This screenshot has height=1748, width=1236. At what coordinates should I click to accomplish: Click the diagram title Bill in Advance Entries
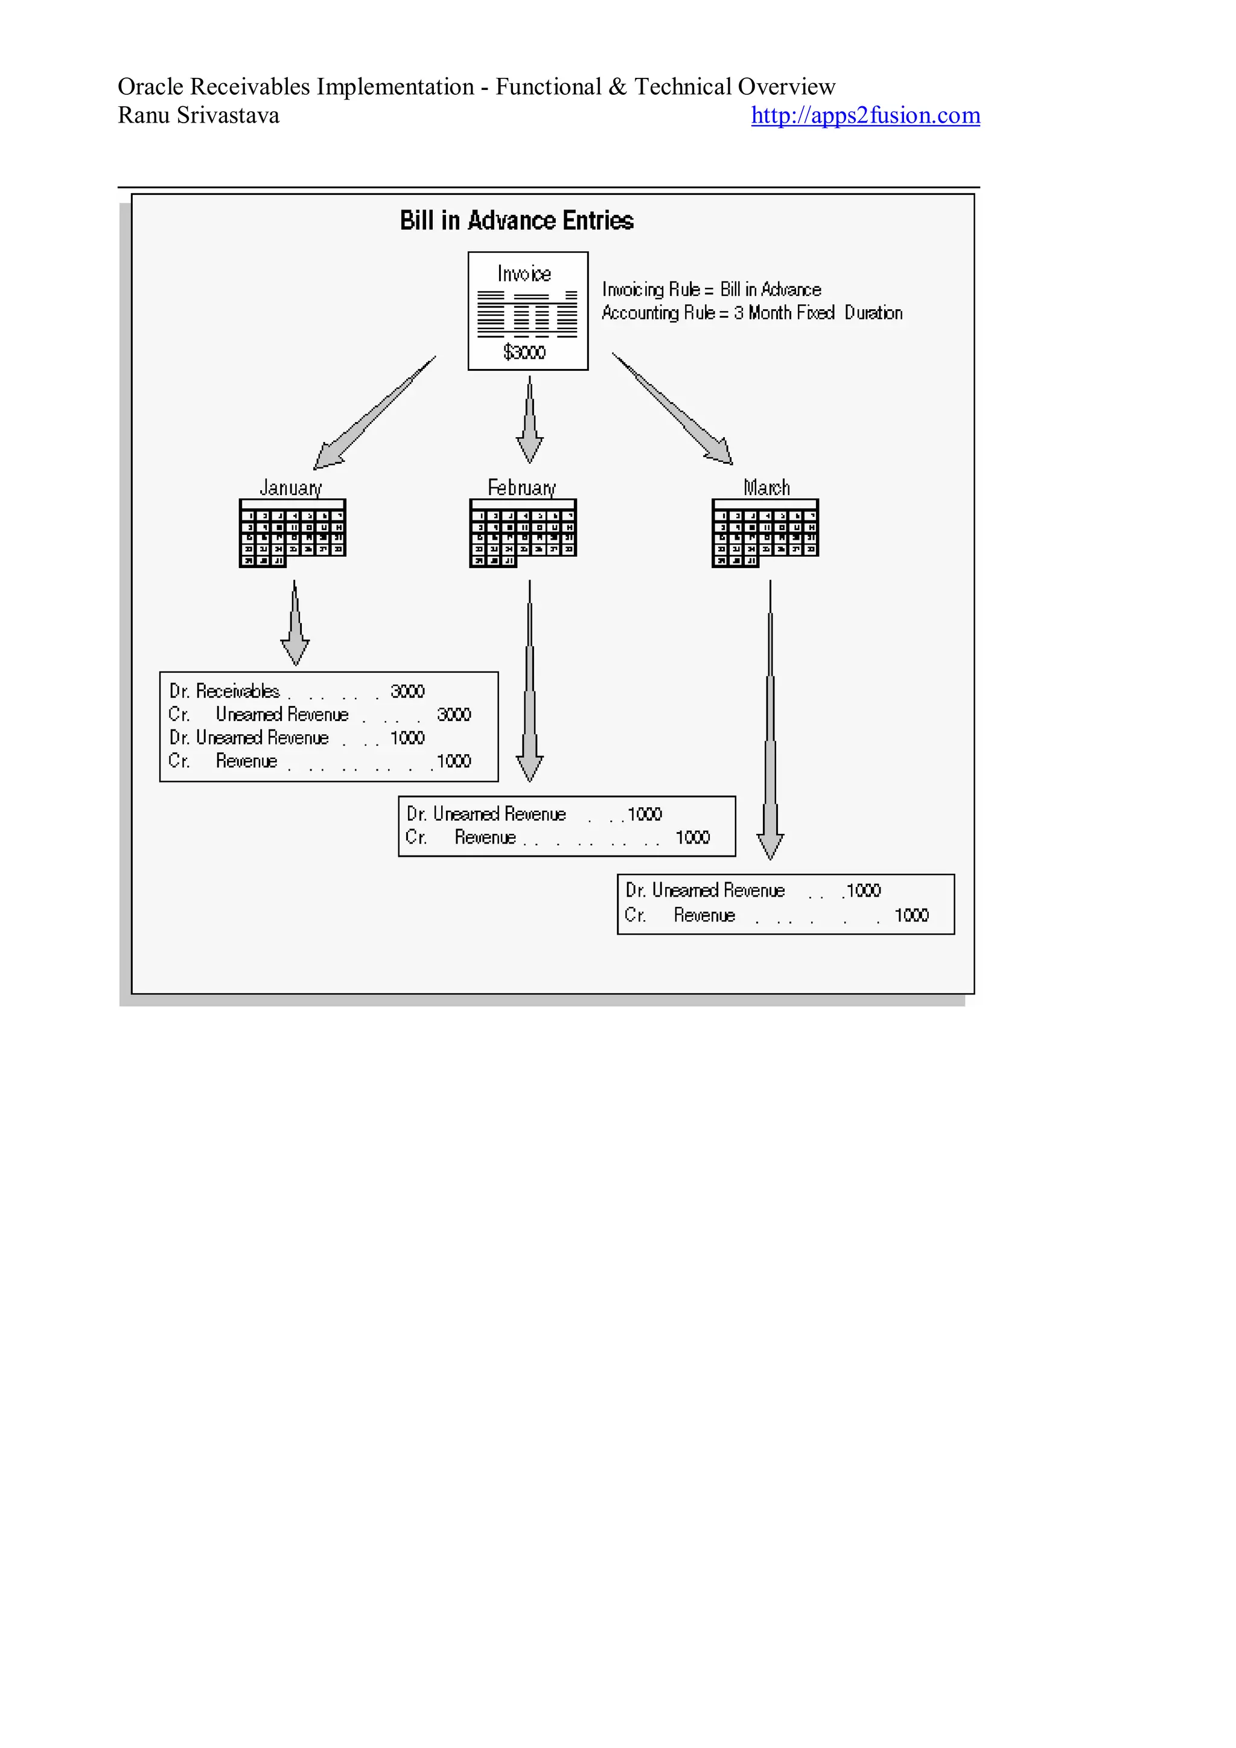(516, 221)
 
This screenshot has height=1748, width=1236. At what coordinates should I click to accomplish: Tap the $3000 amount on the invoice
(524, 352)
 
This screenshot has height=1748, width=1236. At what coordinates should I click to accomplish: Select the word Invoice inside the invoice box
(524, 274)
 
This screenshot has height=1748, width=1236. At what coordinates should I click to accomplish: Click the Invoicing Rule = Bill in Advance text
(711, 289)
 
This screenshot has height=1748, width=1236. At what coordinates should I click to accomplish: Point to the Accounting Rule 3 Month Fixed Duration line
(751, 313)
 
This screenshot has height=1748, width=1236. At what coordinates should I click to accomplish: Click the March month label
(766, 487)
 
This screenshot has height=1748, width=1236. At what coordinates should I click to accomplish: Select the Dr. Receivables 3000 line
(297, 691)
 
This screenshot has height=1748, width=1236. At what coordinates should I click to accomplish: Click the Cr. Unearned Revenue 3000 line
(320, 715)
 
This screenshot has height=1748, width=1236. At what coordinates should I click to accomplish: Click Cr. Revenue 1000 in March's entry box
(776, 915)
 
